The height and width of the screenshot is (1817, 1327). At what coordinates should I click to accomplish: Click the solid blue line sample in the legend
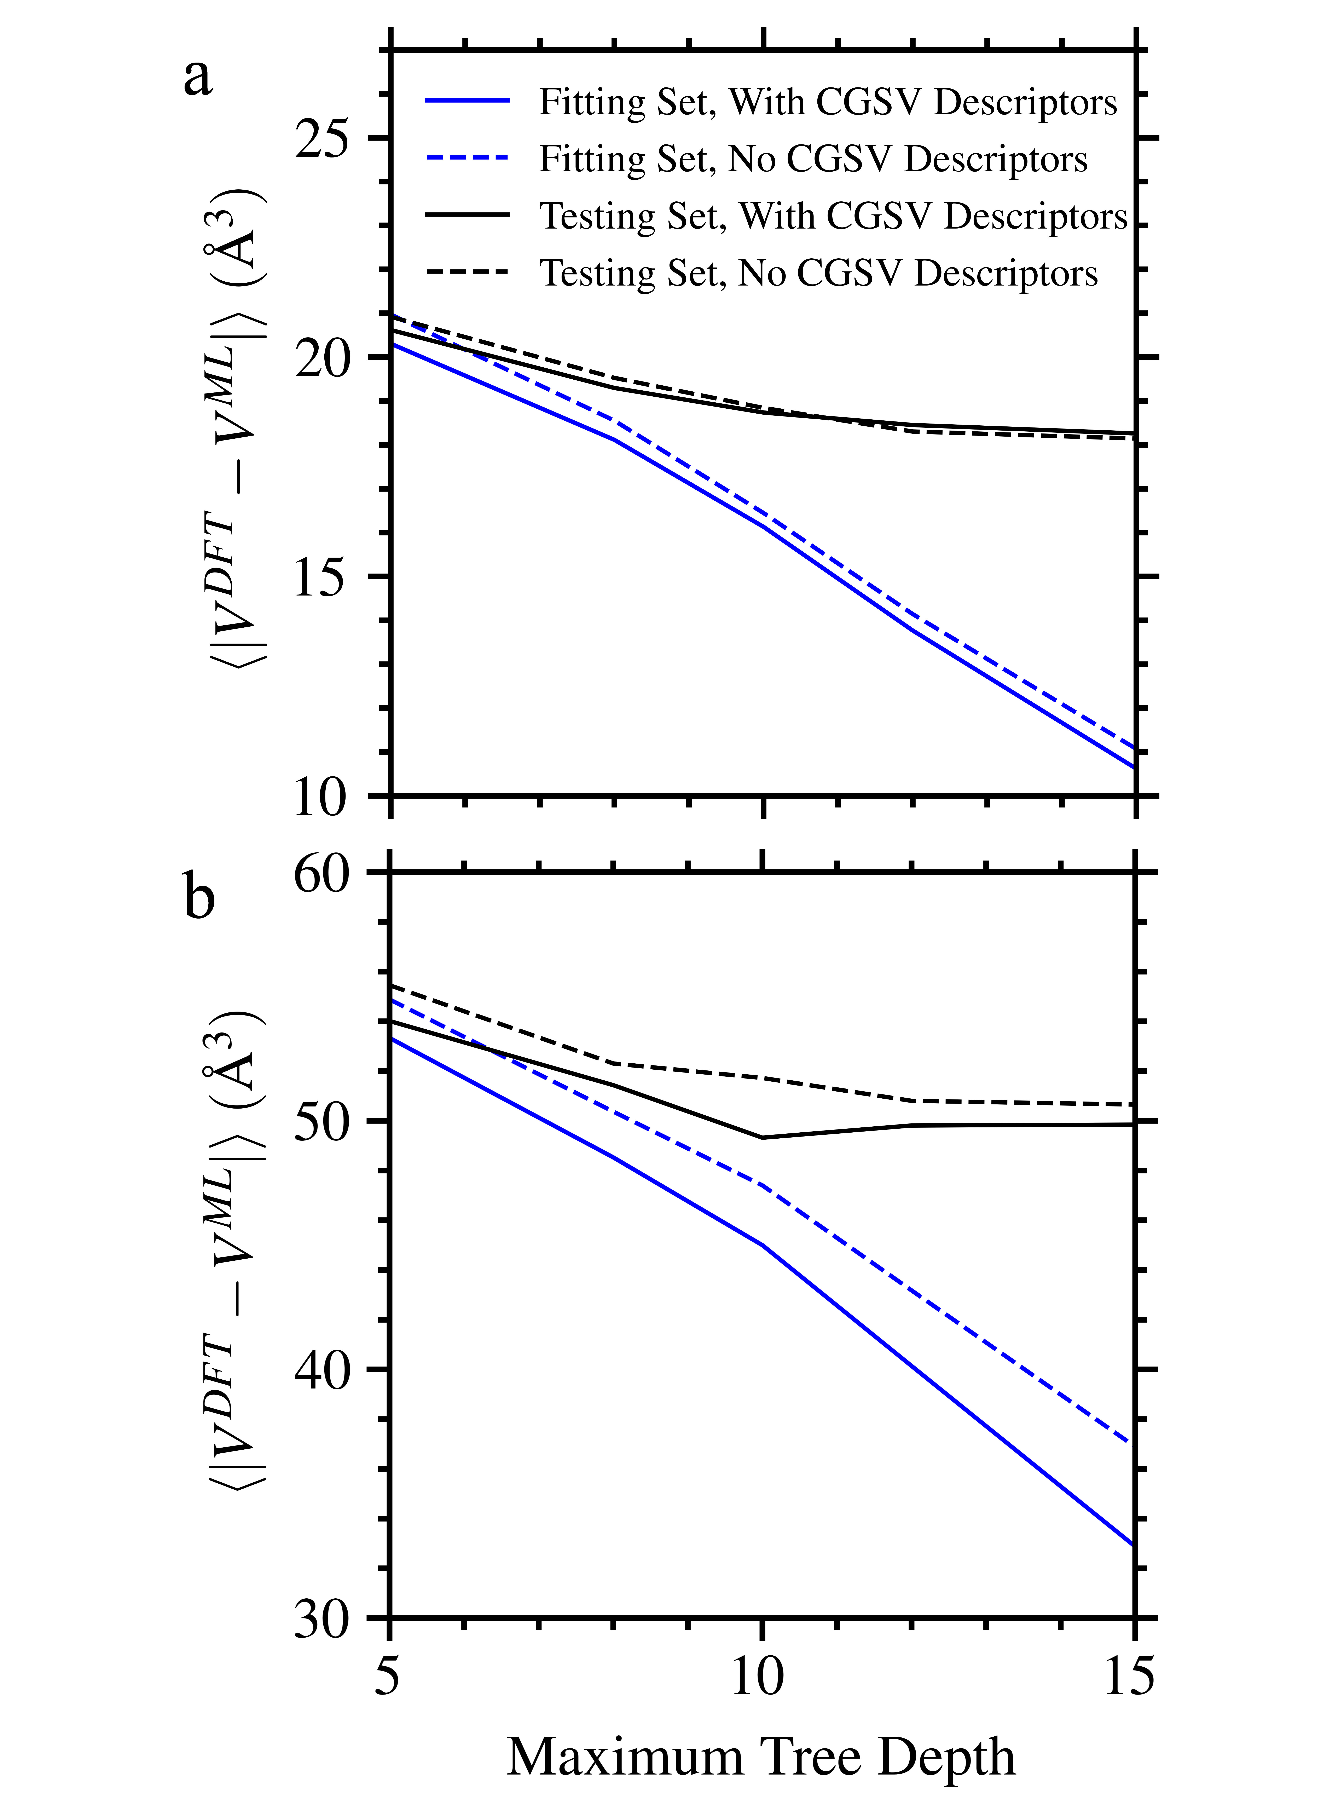point(467,101)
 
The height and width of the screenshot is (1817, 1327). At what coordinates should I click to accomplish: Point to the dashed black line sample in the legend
point(467,272)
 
